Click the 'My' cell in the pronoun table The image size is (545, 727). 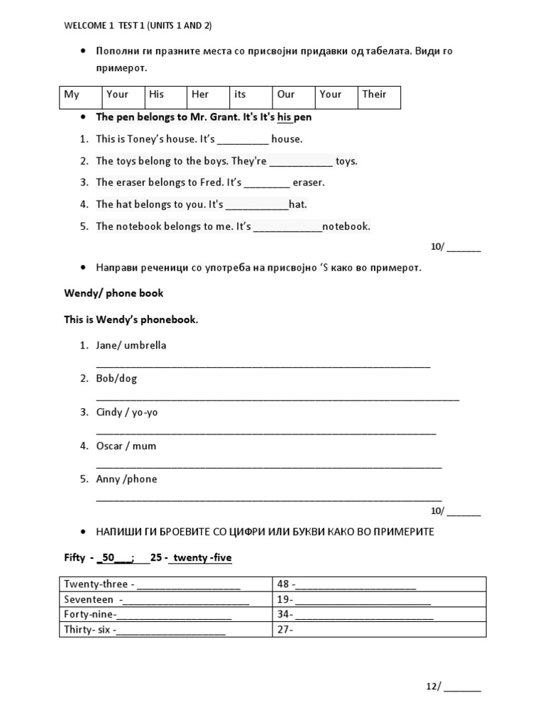click(80, 98)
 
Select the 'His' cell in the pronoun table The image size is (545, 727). click(165, 98)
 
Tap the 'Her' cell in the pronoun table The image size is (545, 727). click(208, 98)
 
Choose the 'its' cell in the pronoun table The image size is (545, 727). click(251, 98)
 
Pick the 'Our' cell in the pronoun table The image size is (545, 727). click(293, 98)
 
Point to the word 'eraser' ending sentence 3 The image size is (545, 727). click(308, 182)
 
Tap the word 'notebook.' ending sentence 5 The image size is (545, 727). click(346, 226)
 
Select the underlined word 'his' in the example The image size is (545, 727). click(285, 116)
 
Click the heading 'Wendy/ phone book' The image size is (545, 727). click(114, 293)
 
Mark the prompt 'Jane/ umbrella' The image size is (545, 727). click(131, 346)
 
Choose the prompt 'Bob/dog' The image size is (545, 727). click(116, 378)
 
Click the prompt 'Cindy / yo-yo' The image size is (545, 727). click(127, 412)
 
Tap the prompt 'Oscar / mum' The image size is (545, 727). click(126, 446)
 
